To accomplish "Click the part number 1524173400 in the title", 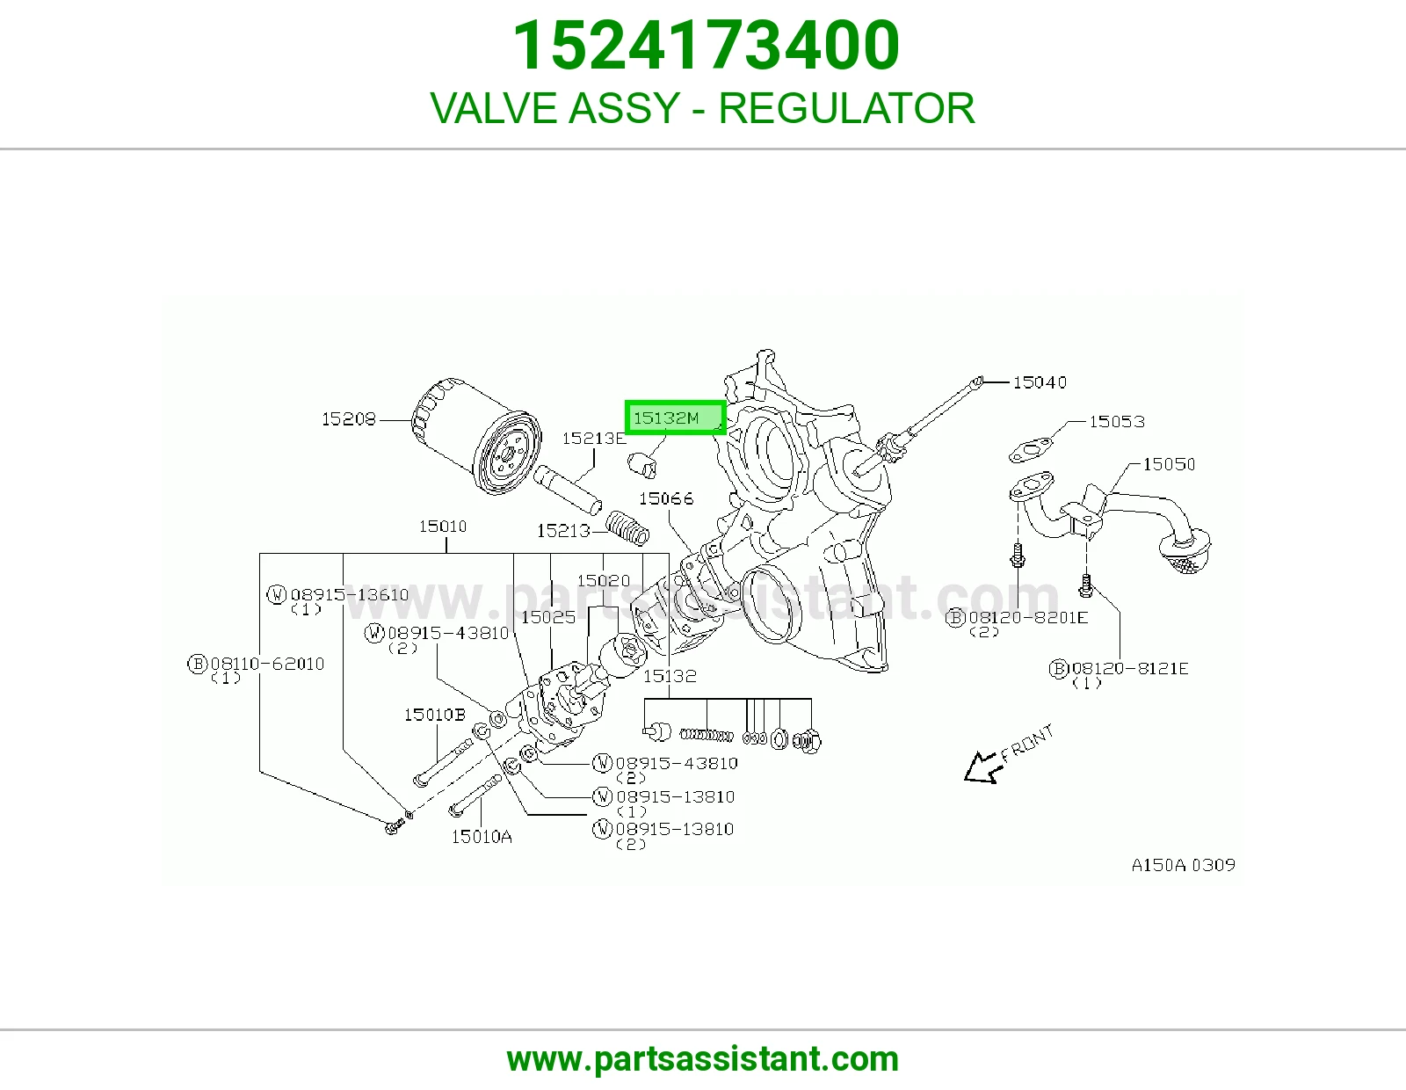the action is pyautogui.click(x=706, y=45).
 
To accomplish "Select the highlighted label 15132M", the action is pyautogui.click(x=675, y=418).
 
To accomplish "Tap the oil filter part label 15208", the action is pyautogui.click(x=348, y=418).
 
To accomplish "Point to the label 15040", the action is pyautogui.click(x=1040, y=382).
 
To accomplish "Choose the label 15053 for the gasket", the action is pyautogui.click(x=1117, y=421).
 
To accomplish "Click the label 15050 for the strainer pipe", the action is pyautogui.click(x=1169, y=464).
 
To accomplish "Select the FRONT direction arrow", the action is pyautogui.click(x=982, y=767).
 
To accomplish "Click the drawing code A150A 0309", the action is pyautogui.click(x=1184, y=865).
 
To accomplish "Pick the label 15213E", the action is pyautogui.click(x=594, y=439).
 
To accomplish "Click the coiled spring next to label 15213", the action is pyautogui.click(x=627, y=527).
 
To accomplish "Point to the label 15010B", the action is pyautogui.click(x=435, y=715).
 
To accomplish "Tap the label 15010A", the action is pyautogui.click(x=482, y=837).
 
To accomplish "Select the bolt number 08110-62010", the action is pyautogui.click(x=267, y=664).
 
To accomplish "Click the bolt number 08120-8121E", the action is pyautogui.click(x=1130, y=668).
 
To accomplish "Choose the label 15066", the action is pyautogui.click(x=666, y=498).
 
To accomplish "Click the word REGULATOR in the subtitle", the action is pyautogui.click(x=846, y=108).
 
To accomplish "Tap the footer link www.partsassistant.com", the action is pyautogui.click(x=703, y=1059).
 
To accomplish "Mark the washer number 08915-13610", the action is pyautogui.click(x=350, y=595).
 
